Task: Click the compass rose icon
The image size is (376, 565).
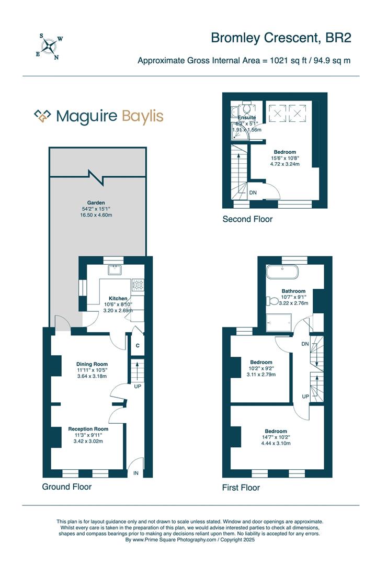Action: point(50,46)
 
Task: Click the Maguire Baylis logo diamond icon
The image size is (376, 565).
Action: point(42,116)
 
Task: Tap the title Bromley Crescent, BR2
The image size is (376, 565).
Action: point(280,38)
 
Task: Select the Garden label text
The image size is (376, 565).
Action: point(96,202)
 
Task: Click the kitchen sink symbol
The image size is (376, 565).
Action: point(113,270)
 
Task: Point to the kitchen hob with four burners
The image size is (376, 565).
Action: point(138,285)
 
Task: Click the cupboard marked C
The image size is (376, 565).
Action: point(138,345)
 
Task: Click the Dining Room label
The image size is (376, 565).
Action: point(92,364)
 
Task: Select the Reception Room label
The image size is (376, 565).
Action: point(88,429)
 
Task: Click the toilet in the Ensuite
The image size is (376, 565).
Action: point(246,108)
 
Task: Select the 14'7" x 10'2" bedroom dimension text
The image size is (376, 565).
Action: point(276,437)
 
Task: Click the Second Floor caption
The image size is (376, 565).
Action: point(247,219)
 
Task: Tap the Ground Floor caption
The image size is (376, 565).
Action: point(67,487)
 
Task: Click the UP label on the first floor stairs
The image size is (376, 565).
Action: point(304,396)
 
